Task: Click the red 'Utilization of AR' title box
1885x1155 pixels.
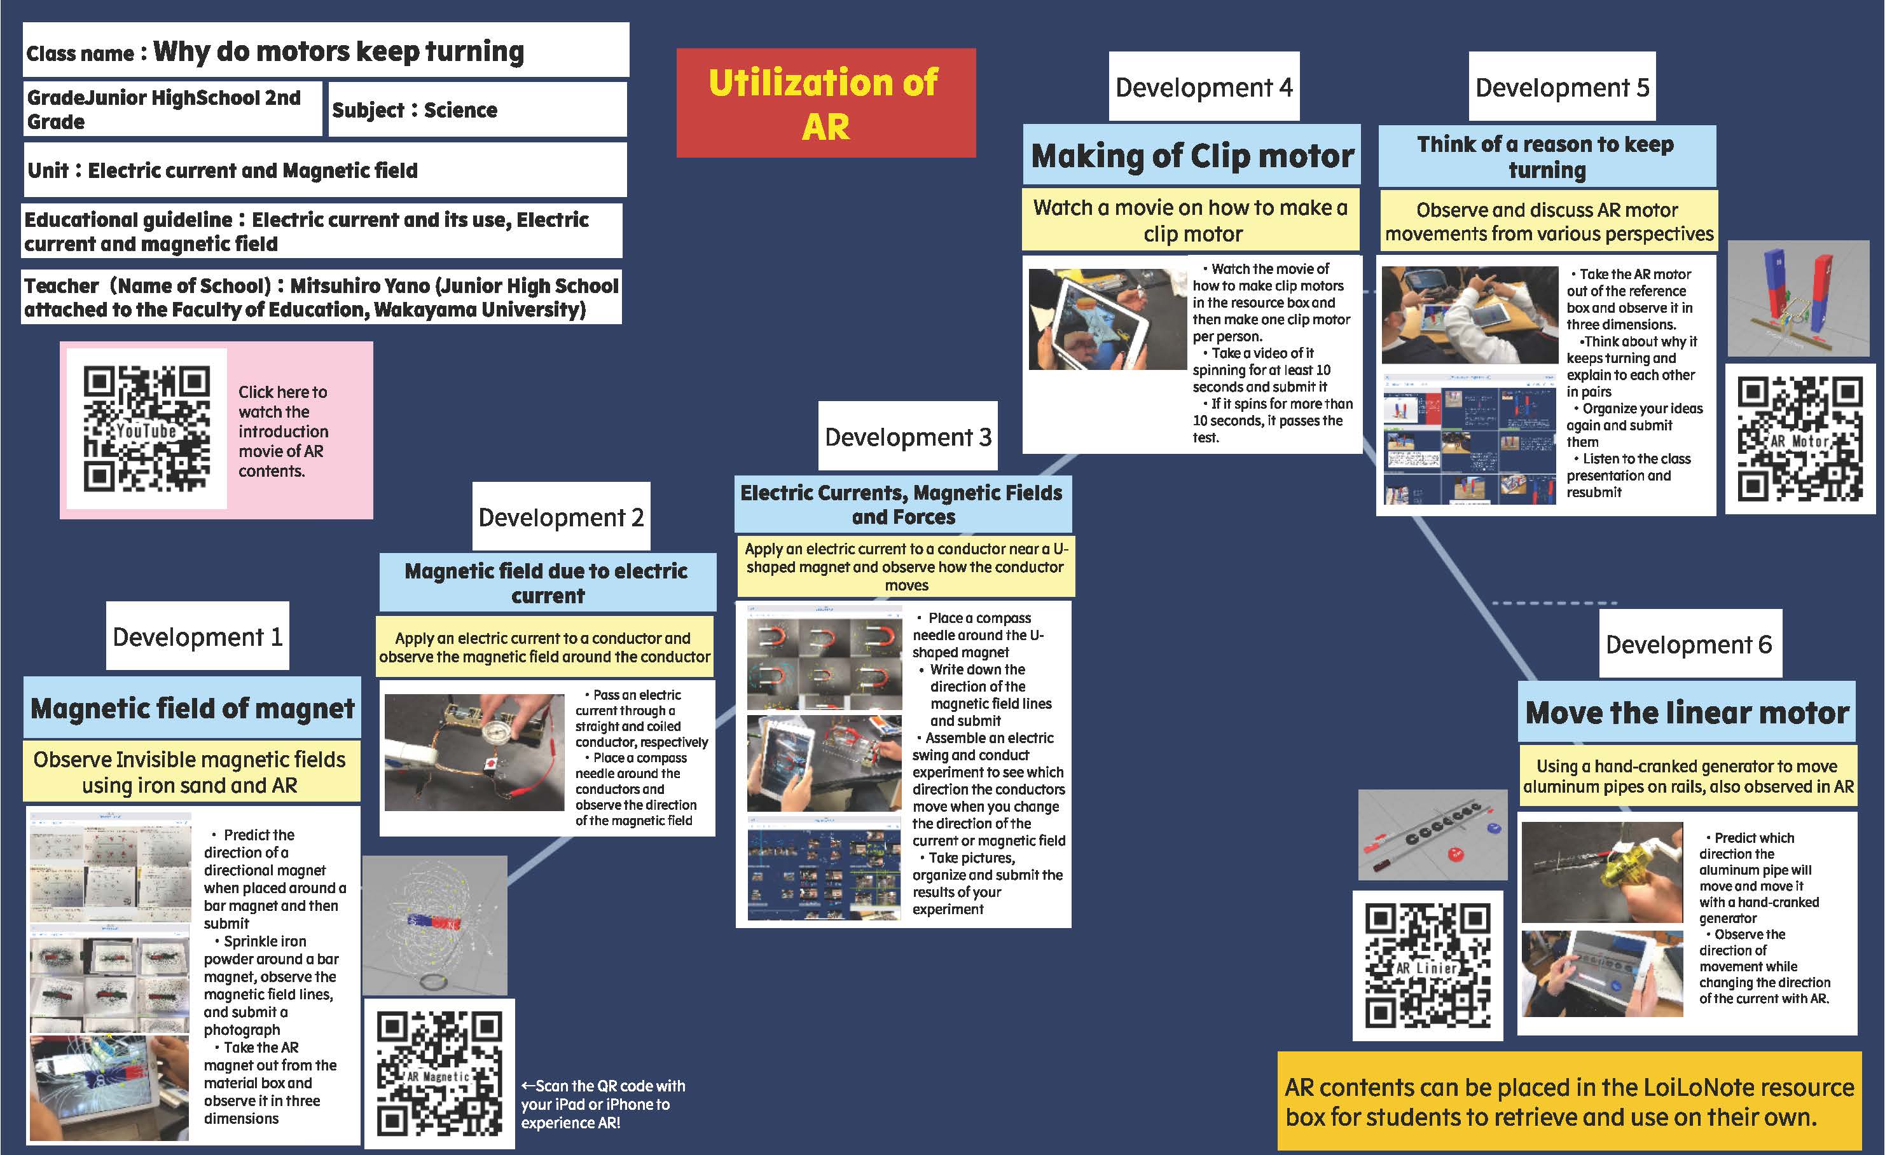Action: click(825, 103)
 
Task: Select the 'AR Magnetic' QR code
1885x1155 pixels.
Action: click(439, 1073)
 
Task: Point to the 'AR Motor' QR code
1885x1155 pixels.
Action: click(1800, 439)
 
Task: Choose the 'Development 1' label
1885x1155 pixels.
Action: click(197, 636)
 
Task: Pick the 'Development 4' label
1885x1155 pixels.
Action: click(1203, 86)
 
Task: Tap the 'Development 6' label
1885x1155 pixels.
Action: click(1689, 644)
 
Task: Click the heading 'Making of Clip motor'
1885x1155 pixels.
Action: click(1192, 155)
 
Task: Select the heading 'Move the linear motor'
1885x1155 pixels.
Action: click(1687, 712)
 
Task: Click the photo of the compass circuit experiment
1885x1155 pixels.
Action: click(474, 752)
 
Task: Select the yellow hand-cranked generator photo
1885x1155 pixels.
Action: click(1601, 872)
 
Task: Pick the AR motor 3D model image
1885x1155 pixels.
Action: click(1804, 298)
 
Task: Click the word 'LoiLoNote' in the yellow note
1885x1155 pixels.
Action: click(1645, 1087)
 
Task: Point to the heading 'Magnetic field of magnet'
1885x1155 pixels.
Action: click(192, 708)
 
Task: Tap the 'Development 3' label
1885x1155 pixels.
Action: click(908, 436)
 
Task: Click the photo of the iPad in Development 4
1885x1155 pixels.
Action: click(1107, 319)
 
